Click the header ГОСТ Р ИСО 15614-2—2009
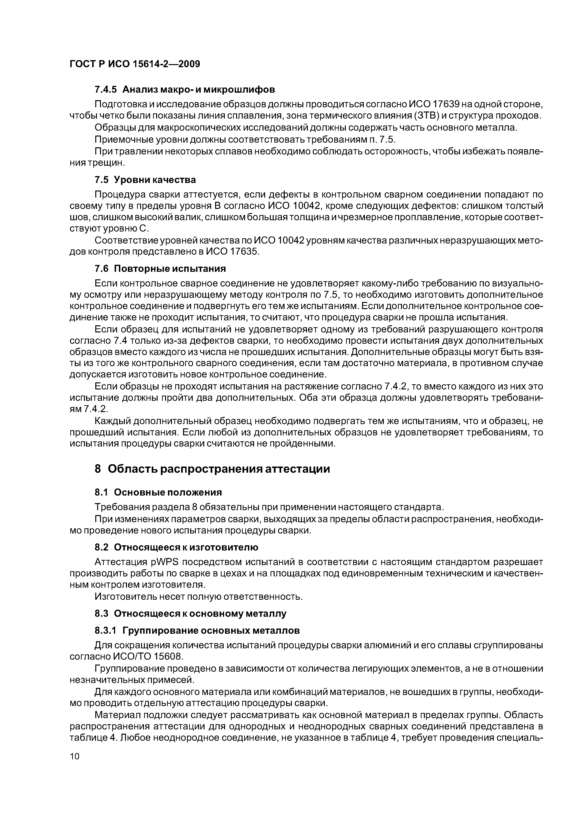134,64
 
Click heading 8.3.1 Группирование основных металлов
197,631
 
